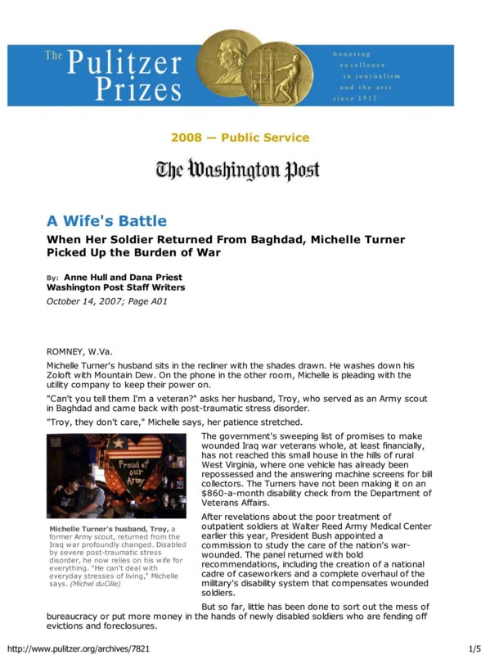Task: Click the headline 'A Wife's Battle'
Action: pyautogui.click(x=106, y=221)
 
